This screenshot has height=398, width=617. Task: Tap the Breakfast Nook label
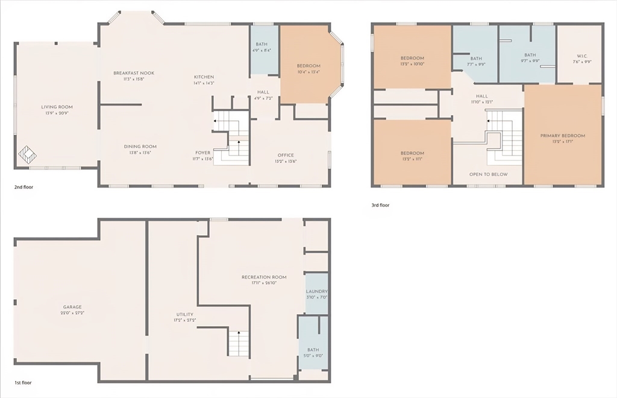tap(134, 73)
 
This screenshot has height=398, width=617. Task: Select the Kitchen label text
tap(204, 77)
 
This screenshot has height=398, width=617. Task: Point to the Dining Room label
tap(140, 147)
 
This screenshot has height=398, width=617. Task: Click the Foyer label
tap(202, 153)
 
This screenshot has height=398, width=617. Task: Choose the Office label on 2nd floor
tap(286, 155)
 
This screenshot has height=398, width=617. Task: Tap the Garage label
tap(72, 307)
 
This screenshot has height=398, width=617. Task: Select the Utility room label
tap(185, 314)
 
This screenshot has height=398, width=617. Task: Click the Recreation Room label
tap(264, 277)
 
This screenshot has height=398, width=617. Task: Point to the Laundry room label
tap(317, 291)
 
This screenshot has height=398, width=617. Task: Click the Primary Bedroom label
tap(563, 136)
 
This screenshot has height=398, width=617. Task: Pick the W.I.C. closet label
tap(581, 56)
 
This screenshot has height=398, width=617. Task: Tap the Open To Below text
tap(488, 174)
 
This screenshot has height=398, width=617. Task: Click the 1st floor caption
tap(23, 383)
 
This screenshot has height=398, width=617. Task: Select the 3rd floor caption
tap(380, 205)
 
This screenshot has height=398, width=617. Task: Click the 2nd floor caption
tap(23, 187)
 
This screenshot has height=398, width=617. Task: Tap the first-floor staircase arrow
tap(239, 332)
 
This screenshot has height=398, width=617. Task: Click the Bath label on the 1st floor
tap(313, 350)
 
